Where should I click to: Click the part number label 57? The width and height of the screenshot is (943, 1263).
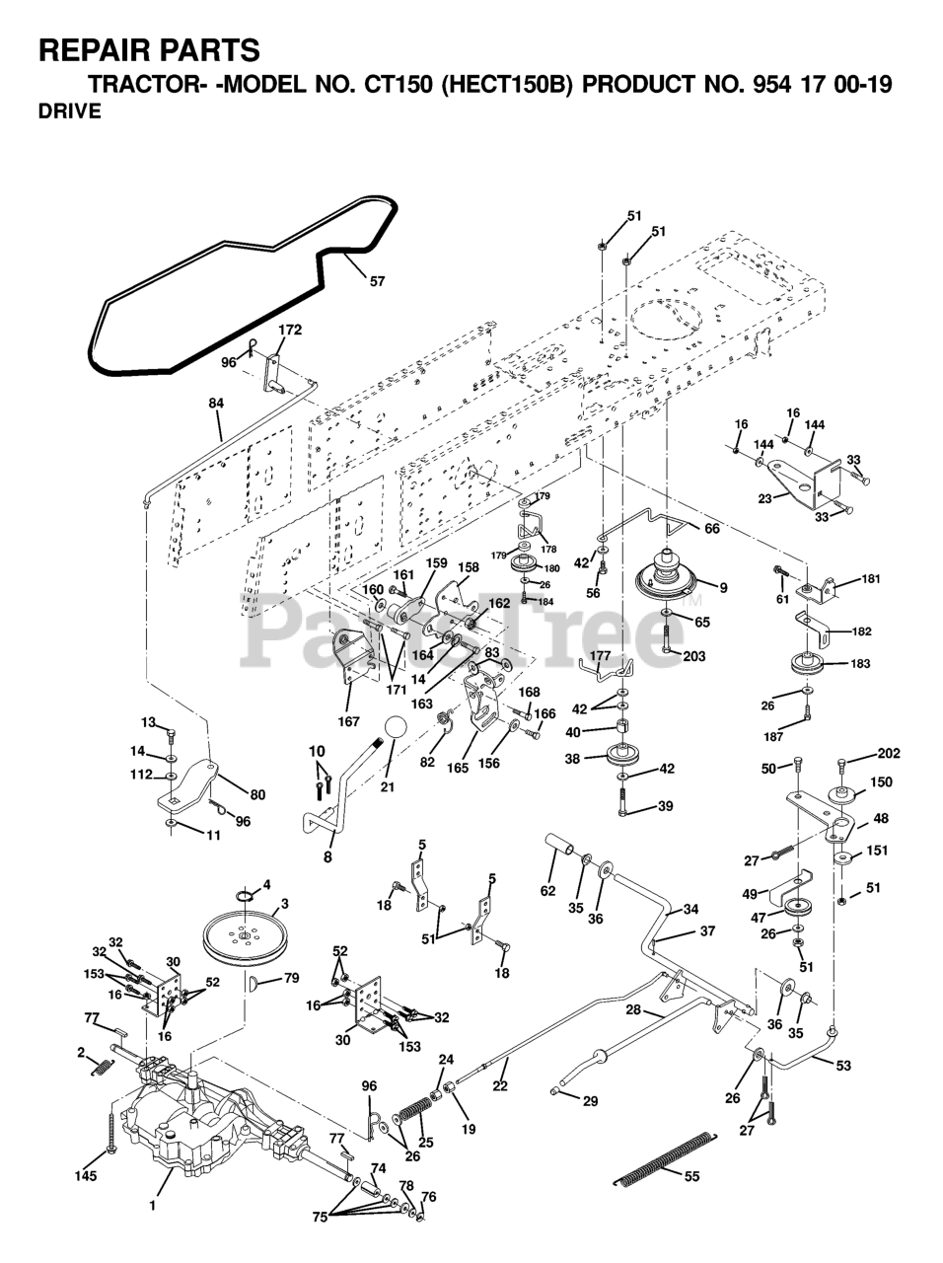click(x=378, y=281)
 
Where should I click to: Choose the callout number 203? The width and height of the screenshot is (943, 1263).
click(x=693, y=656)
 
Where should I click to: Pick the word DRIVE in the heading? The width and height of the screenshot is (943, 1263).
click(x=69, y=111)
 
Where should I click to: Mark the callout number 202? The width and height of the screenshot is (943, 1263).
click(x=889, y=755)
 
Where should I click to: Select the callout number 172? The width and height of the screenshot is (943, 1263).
click(x=290, y=329)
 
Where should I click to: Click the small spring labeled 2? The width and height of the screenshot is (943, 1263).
click(x=98, y=1067)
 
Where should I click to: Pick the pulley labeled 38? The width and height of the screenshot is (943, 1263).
click(x=622, y=760)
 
